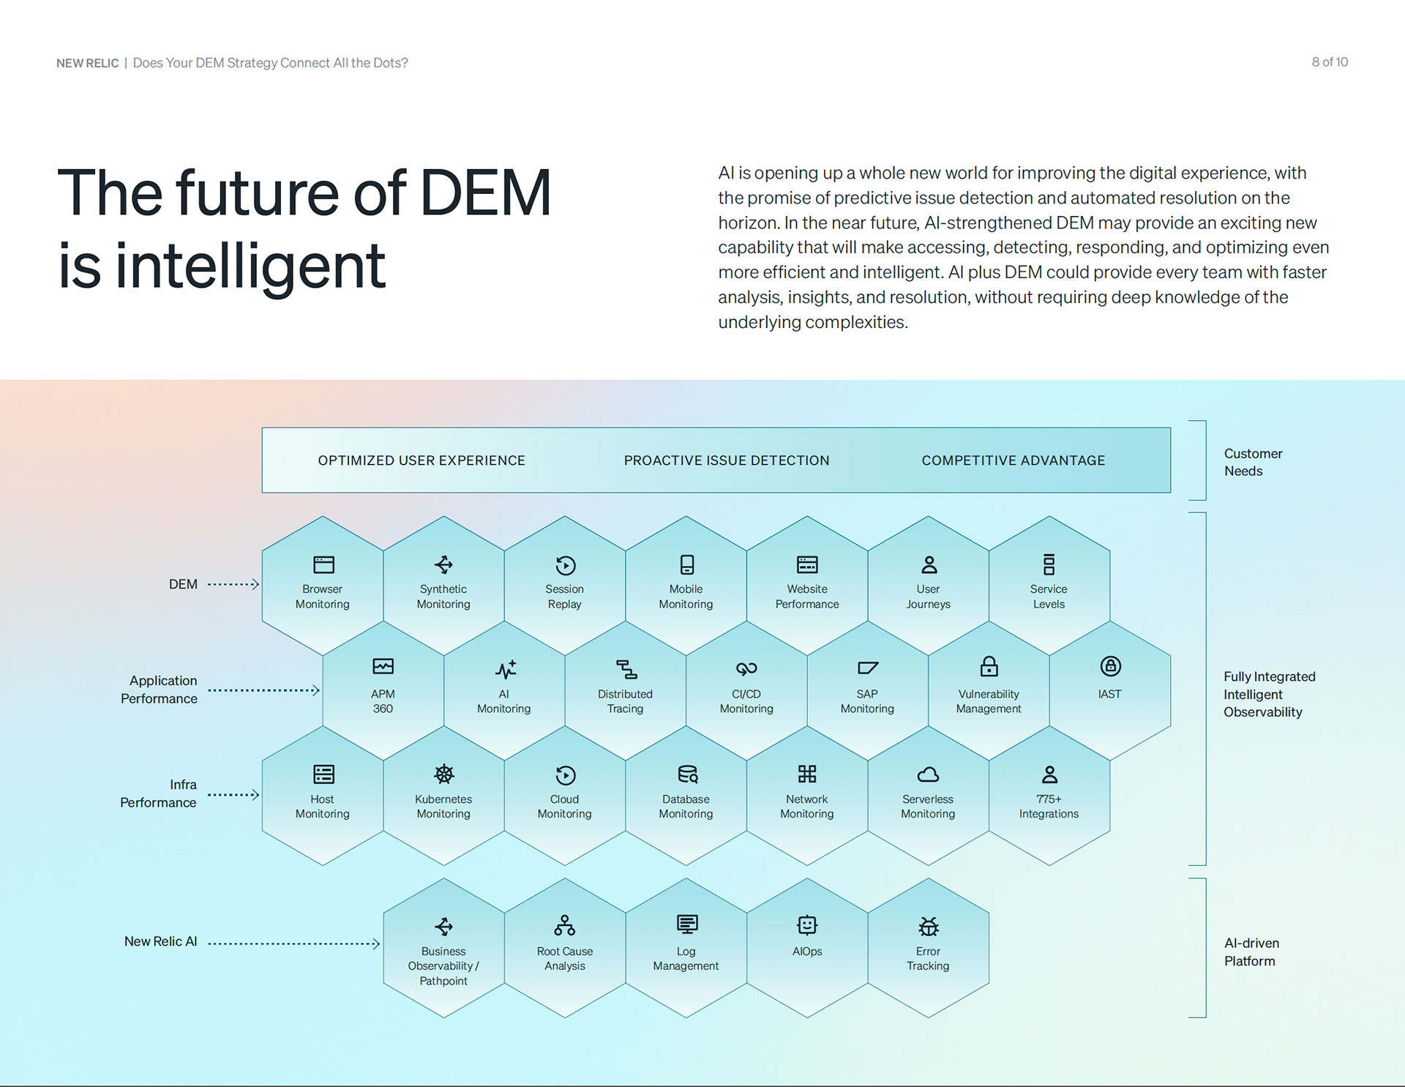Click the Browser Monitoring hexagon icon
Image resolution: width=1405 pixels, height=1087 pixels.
(x=323, y=564)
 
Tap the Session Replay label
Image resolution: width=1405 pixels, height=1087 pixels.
(x=564, y=597)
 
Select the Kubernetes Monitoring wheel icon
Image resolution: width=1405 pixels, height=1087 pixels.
(x=443, y=774)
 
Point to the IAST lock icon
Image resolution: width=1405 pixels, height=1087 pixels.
(x=1110, y=666)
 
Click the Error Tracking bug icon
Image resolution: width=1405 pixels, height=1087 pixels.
(x=928, y=926)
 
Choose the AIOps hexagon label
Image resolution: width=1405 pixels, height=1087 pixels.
(x=807, y=951)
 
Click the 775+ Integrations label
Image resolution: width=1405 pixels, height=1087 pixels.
(x=1049, y=806)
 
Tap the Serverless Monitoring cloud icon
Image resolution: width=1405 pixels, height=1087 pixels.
(x=928, y=774)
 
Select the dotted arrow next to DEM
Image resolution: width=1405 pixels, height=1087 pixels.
(x=233, y=584)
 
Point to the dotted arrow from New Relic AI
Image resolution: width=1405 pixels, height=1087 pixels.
(x=293, y=944)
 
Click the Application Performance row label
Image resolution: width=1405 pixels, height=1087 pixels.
(x=160, y=690)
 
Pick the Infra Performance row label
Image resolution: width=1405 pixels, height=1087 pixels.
(x=159, y=793)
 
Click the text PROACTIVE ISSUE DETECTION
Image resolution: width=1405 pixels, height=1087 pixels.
(x=726, y=460)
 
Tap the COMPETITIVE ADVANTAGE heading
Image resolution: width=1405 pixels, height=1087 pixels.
(x=1013, y=460)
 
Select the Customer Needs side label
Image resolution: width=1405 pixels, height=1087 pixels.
(x=1253, y=462)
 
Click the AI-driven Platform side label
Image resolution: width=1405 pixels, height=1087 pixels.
(x=1251, y=952)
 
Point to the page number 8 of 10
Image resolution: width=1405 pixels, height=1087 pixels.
(x=1329, y=62)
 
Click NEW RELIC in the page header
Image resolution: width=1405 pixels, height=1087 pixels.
(x=87, y=63)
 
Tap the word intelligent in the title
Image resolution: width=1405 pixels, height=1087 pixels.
(x=250, y=266)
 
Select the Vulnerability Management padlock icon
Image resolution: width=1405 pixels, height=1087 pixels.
(x=989, y=666)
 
